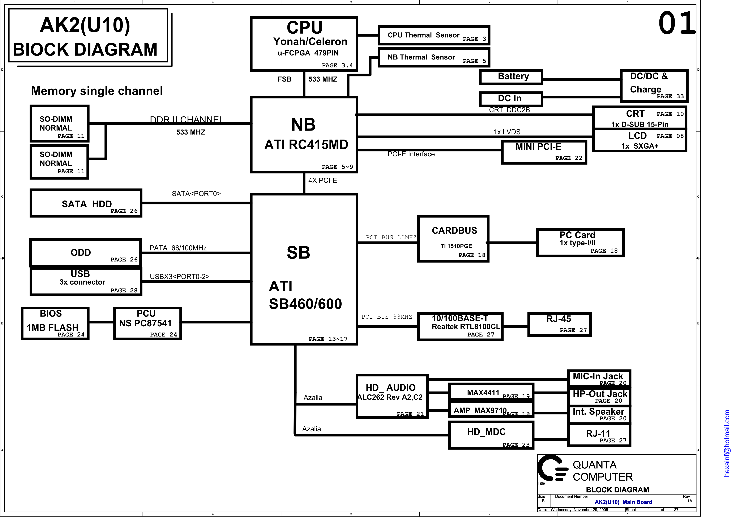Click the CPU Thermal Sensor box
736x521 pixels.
[x=434, y=35]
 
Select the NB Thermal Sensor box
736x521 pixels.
[x=434, y=57]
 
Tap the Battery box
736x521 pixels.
[x=511, y=77]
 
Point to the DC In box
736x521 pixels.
[x=511, y=99]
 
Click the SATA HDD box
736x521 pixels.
[x=86, y=203]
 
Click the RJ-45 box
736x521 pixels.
[x=559, y=324]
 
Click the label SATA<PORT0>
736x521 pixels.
[x=196, y=194]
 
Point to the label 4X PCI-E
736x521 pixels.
[x=322, y=180]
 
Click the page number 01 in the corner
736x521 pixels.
[x=677, y=23]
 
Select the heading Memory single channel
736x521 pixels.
[x=97, y=91]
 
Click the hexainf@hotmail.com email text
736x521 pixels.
[x=727, y=443]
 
